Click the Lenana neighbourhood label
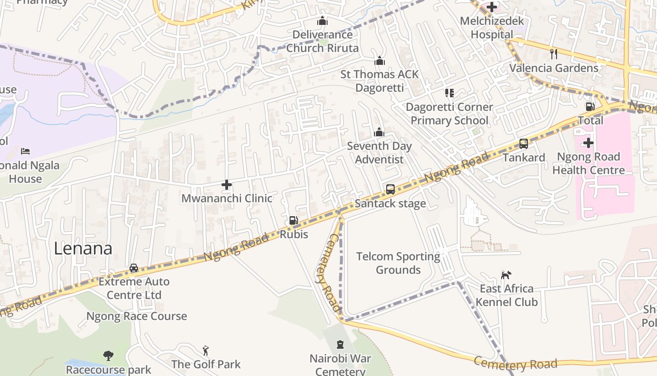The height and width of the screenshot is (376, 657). point(83,249)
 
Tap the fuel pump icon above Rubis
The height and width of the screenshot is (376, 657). point(293,220)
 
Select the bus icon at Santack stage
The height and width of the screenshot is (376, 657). point(390,189)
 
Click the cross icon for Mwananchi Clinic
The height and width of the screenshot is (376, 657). point(227,185)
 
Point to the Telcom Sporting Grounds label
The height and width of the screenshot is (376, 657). point(398,263)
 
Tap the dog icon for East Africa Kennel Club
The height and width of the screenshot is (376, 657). point(506,274)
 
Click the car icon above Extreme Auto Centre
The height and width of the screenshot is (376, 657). point(134,268)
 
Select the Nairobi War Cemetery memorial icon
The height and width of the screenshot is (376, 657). point(340,345)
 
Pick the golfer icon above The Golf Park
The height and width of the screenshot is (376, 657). point(206,350)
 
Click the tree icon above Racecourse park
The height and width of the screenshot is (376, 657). point(108,355)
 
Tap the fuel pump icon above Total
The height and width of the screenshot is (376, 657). point(590,107)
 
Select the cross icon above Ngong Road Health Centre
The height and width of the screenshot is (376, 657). point(588,143)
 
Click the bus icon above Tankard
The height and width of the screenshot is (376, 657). point(524,144)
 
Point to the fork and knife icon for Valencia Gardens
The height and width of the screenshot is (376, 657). point(554,54)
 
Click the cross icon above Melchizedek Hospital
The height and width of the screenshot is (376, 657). point(492,7)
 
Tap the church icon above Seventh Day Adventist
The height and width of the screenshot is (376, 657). point(379,133)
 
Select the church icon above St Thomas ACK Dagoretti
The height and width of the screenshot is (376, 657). point(380,61)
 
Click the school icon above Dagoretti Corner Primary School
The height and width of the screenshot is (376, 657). point(450,93)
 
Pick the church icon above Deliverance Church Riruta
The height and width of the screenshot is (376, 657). point(322,21)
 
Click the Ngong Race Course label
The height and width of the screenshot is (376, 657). point(137,316)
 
